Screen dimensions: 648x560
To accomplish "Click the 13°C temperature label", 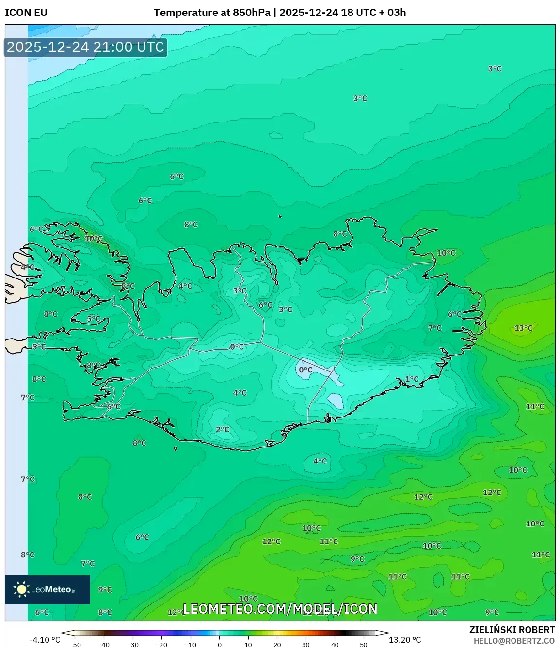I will pyautogui.click(x=523, y=328).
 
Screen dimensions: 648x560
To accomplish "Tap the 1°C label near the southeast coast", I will pyautogui.click(x=412, y=379).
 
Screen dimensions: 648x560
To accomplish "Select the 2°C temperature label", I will pyautogui.click(x=223, y=430).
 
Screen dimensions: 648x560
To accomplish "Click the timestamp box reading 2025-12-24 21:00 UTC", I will pyautogui.click(x=85, y=47).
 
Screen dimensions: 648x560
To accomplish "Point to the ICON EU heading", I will pyautogui.click(x=26, y=13).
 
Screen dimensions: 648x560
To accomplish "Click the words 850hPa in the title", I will pyautogui.click(x=251, y=13).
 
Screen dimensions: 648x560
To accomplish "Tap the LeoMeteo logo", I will pyautogui.click(x=48, y=589).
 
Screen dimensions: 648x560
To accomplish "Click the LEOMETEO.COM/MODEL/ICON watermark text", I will pyautogui.click(x=280, y=609).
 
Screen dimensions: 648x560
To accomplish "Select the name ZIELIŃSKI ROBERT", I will pyautogui.click(x=512, y=630).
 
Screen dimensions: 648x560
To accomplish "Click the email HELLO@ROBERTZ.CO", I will pyautogui.click(x=514, y=641).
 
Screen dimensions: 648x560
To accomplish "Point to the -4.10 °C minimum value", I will pyautogui.click(x=45, y=640).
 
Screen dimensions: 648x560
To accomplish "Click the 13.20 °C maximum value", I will pyautogui.click(x=405, y=640).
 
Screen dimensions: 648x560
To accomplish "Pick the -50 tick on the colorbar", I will pyautogui.click(x=75, y=645).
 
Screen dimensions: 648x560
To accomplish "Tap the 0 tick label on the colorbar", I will pyautogui.click(x=220, y=645).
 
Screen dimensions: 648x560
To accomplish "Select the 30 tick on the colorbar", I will pyautogui.click(x=306, y=645).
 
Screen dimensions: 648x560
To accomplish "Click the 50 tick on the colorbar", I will pyautogui.click(x=364, y=645).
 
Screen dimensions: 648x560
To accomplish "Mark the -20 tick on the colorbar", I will pyautogui.click(x=161, y=645).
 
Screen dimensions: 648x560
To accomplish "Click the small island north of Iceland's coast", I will pyautogui.click(x=280, y=217).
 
